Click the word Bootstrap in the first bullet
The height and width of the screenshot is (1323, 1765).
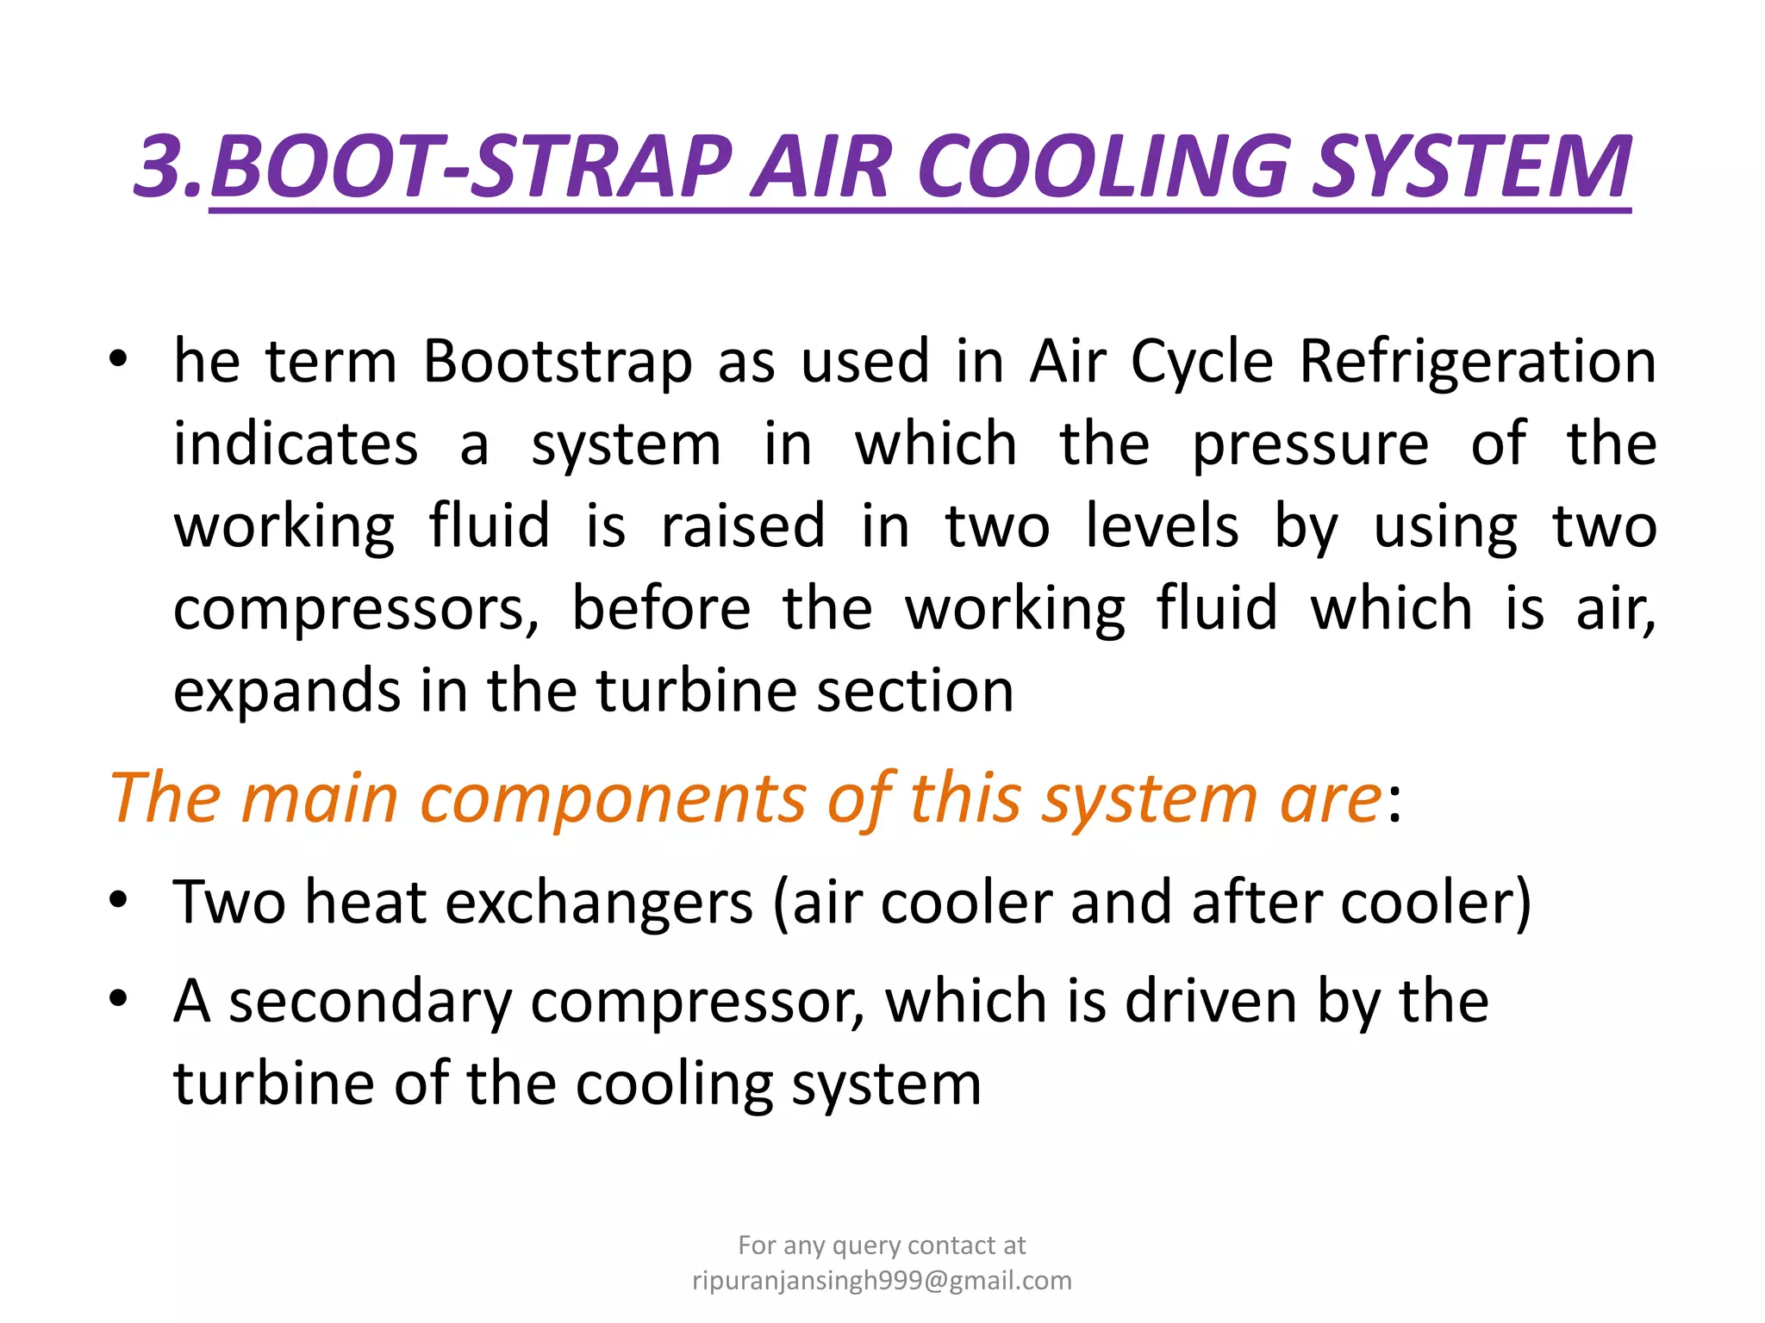pos(558,361)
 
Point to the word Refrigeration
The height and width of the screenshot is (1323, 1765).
pos(1477,361)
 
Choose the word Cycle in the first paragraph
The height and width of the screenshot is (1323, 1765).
pos(1201,361)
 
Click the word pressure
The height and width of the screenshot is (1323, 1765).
pos(1310,444)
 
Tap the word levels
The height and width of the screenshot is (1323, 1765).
pos(1162,525)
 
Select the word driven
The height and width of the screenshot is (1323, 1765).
pos(1211,1001)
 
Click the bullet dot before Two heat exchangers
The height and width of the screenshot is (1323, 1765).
pos(118,900)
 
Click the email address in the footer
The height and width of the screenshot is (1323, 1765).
pos(882,1281)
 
